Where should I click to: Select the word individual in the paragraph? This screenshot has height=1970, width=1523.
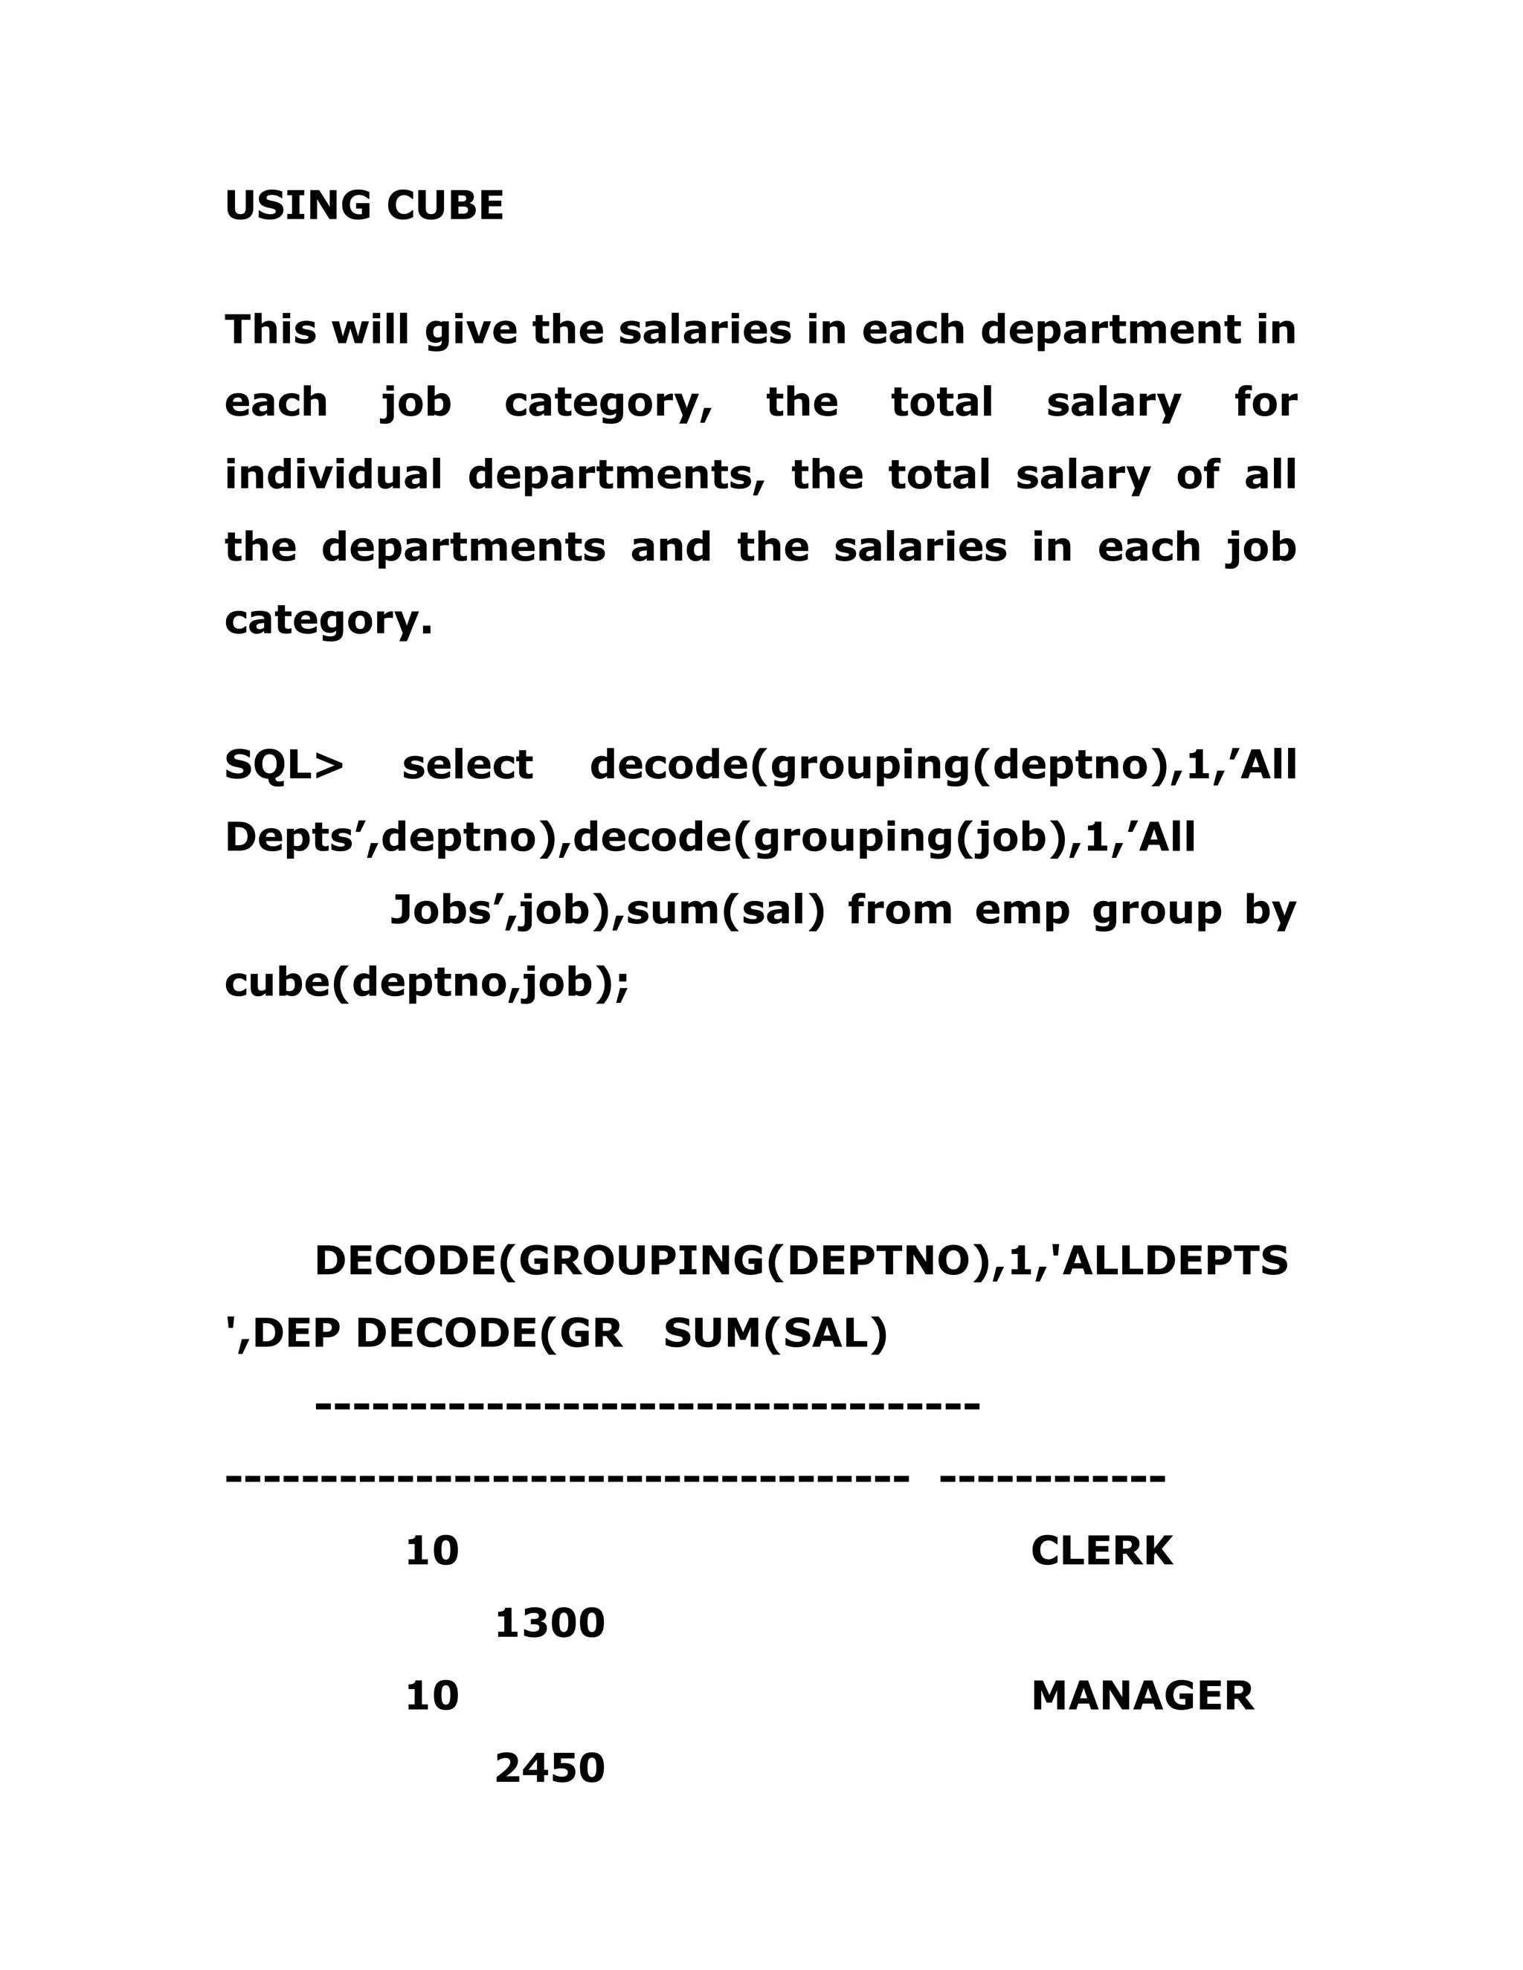coord(333,474)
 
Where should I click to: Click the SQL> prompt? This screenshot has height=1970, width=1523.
coord(284,765)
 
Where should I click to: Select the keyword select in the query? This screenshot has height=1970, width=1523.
coord(467,765)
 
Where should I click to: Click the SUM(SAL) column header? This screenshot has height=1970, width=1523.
coord(776,1333)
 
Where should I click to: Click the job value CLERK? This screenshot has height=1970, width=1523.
coord(1101,1551)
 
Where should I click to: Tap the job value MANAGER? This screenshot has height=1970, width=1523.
coord(1142,1696)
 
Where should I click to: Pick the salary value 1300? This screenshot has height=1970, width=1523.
coord(550,1624)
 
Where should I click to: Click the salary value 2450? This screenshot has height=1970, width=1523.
coord(550,1768)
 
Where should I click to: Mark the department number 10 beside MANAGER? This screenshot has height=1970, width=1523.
coord(432,1696)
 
